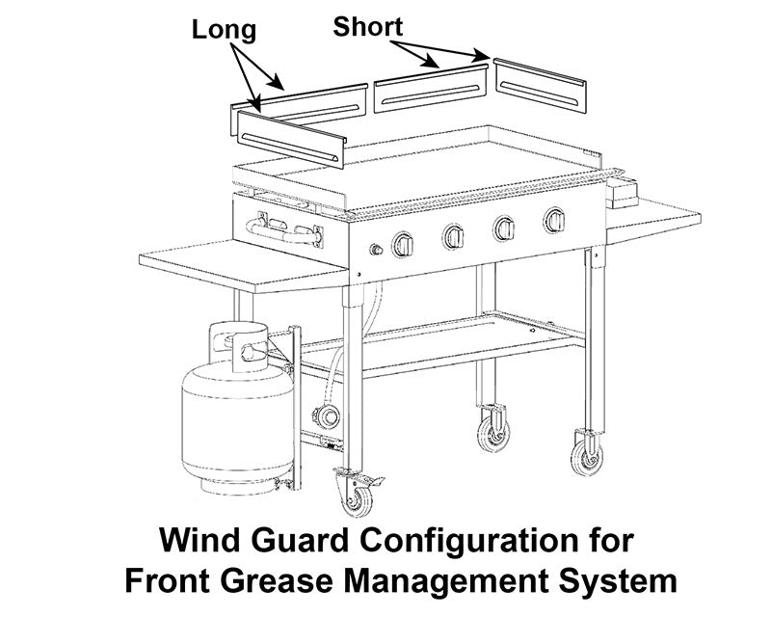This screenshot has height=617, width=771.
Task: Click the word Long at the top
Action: (x=224, y=29)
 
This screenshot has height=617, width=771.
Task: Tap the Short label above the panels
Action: (x=368, y=26)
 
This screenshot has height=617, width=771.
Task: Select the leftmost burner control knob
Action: (x=403, y=246)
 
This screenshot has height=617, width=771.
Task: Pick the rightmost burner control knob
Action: (x=555, y=221)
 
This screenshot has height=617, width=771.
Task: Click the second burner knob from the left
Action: (x=454, y=237)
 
